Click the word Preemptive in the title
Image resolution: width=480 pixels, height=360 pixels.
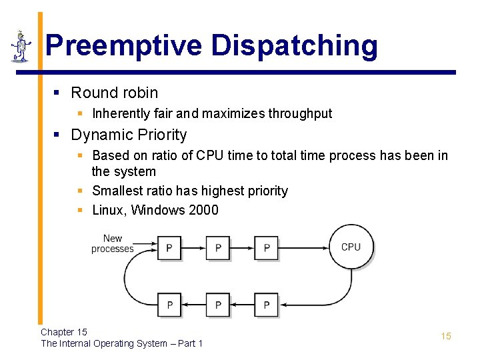[124, 46]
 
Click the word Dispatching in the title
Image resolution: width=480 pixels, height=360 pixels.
[295, 46]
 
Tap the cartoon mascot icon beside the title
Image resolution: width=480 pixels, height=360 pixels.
[21, 47]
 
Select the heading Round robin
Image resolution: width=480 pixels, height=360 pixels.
[114, 93]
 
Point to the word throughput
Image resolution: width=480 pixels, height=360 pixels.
[300, 113]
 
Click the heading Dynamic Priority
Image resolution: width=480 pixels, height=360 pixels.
[129, 135]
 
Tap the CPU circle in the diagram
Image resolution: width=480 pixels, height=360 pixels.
[351, 247]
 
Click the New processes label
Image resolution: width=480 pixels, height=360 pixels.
[112, 243]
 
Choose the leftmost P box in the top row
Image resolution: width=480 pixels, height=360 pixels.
[169, 248]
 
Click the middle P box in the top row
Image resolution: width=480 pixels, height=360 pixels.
[218, 248]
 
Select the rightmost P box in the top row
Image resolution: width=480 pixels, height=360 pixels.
[267, 248]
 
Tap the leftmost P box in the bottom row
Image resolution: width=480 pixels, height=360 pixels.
[169, 305]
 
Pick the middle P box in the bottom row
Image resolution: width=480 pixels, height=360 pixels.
[218, 305]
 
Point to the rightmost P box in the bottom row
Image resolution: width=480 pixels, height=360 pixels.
[267, 305]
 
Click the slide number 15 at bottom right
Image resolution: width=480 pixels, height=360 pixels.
[446, 336]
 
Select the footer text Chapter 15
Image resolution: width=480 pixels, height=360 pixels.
[64, 332]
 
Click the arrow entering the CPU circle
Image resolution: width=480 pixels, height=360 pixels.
[307, 247]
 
